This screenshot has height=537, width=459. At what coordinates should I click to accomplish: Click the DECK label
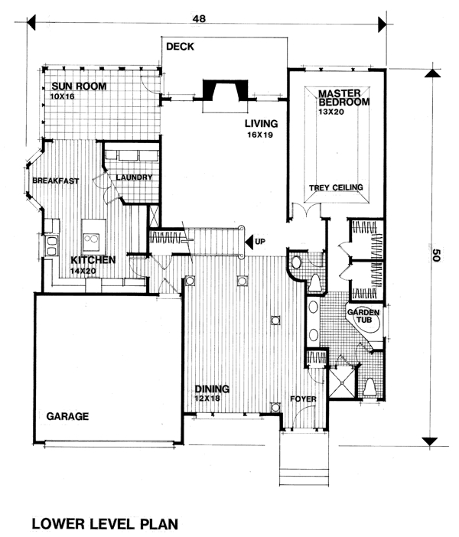[x=181, y=46]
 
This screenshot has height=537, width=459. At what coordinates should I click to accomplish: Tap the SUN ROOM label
[x=79, y=86]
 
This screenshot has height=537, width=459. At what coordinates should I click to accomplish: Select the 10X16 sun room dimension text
[x=62, y=96]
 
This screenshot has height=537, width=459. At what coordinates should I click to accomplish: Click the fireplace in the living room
[x=225, y=90]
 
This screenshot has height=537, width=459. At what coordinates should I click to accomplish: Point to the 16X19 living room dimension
[x=260, y=135]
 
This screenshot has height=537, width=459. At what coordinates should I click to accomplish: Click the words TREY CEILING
[x=336, y=187]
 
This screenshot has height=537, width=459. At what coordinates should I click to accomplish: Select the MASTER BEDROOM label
[x=343, y=98]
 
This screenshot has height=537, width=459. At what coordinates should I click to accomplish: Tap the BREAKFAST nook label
[x=56, y=181]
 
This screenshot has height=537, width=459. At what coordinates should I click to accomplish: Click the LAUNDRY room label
[x=134, y=177]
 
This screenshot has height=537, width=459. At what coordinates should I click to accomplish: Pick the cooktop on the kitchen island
[x=92, y=239]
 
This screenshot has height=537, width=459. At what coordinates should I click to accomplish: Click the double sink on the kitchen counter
[x=51, y=246]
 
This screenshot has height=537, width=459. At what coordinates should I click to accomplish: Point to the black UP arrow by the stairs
[x=249, y=242]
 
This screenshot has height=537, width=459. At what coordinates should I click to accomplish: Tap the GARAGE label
[x=67, y=416]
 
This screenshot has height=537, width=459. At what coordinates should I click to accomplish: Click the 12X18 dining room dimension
[x=207, y=399]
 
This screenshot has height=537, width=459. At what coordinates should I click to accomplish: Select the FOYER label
[x=303, y=399]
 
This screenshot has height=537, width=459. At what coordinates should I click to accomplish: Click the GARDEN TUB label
[x=363, y=316]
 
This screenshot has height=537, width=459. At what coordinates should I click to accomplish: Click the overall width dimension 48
[x=200, y=18]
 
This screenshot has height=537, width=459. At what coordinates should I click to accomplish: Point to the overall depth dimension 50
[x=435, y=255]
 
